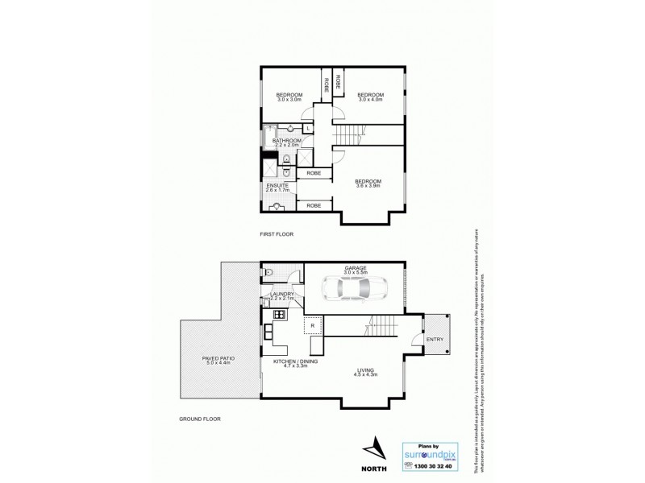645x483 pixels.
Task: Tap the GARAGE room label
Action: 356,267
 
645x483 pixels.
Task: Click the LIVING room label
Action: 367,370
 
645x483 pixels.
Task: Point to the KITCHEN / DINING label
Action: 290,362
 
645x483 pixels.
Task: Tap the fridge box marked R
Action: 313,325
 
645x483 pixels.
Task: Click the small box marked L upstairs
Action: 308,129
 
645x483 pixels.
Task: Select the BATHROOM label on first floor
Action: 286,141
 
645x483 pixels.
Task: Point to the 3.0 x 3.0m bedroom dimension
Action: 289,100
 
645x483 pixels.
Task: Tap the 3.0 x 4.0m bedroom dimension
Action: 370,100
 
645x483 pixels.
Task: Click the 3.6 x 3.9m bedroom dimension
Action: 368,186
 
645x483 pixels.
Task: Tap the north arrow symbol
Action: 373,447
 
